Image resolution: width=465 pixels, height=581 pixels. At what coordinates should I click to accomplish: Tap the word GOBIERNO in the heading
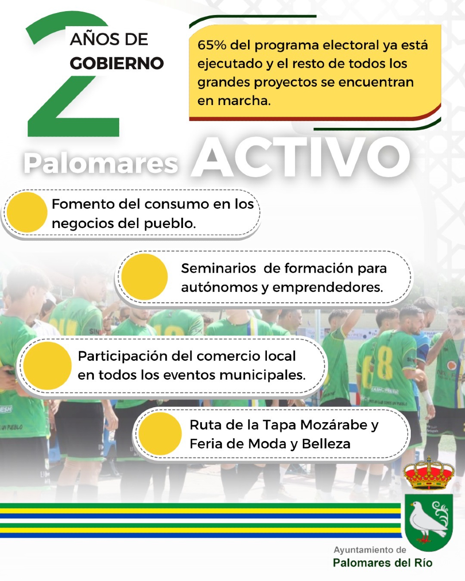(x=117, y=63)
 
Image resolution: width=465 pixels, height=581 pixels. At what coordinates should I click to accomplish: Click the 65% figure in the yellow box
(x=212, y=45)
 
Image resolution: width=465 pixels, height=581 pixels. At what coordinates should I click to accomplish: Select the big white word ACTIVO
(x=300, y=157)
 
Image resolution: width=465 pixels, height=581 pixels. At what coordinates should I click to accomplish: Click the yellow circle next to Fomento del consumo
(x=27, y=212)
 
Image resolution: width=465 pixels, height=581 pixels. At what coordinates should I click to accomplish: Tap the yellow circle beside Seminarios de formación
(x=144, y=277)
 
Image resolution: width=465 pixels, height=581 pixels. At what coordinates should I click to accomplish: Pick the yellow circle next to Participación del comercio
(x=47, y=366)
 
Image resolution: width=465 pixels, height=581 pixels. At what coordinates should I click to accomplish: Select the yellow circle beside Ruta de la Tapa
(x=160, y=433)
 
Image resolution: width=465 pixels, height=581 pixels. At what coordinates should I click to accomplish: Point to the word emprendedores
(x=327, y=288)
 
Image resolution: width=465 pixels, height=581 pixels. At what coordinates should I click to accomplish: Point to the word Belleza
(x=326, y=444)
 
